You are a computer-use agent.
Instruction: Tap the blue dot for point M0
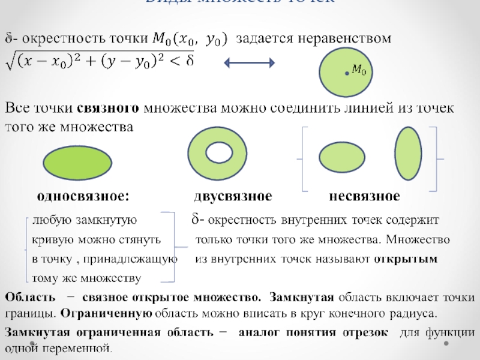347,73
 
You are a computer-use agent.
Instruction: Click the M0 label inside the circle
359,70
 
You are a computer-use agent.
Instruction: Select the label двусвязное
233,196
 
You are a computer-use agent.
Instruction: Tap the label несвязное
364,196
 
